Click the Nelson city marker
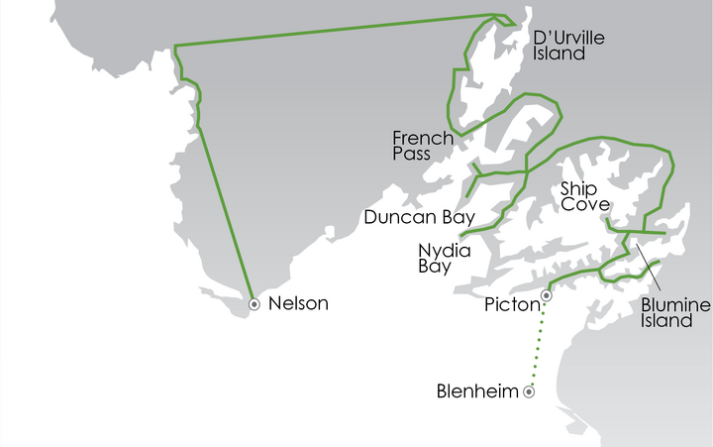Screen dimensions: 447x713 255,304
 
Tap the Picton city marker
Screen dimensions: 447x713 546,294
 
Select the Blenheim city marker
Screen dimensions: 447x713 529,392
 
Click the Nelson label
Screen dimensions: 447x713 298,304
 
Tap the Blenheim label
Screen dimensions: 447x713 477,391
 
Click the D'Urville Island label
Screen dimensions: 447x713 568,46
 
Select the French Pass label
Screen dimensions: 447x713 423,146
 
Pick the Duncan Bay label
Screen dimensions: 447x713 420,216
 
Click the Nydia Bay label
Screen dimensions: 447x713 443,258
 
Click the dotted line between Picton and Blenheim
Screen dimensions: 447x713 538,342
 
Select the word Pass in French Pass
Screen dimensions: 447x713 413,155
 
